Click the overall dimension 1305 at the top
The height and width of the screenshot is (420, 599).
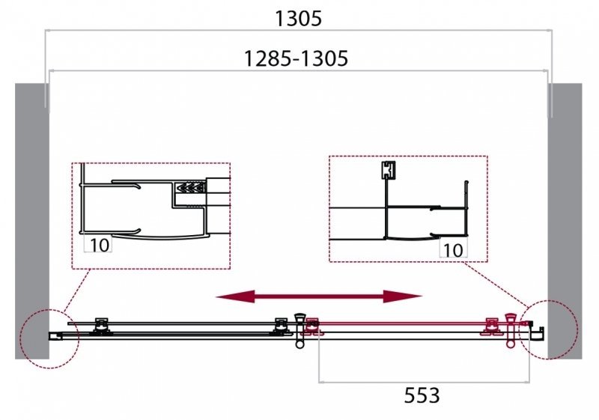point(298,18)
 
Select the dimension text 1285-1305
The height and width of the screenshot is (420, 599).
point(296,59)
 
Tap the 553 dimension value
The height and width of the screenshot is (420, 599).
point(422,395)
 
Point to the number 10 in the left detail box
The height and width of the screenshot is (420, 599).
point(99,245)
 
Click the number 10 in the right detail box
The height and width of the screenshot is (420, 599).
point(453,250)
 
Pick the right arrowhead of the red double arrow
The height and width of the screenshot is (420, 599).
point(402,296)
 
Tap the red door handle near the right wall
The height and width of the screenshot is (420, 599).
point(511,330)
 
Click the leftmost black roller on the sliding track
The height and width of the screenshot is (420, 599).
point(101,326)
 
